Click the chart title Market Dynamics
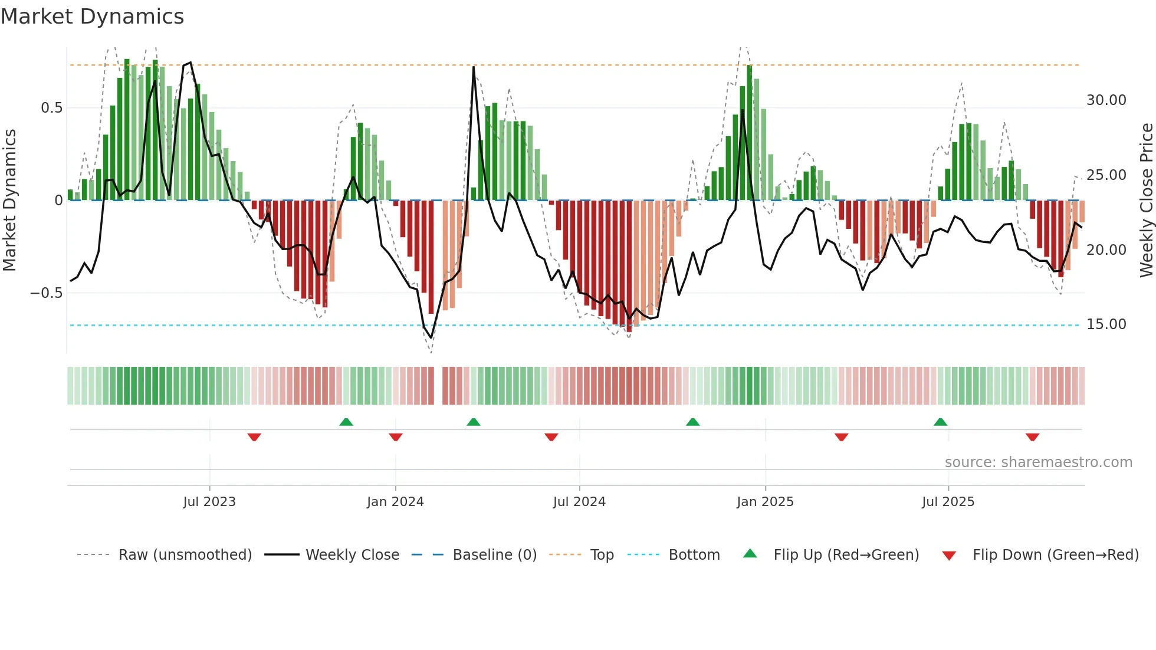coord(92,17)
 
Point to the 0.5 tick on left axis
coord(51,108)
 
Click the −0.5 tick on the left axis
coord(47,293)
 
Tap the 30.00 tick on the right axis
coord(1106,100)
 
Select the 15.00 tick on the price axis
coord(1106,324)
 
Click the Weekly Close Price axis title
coord(1146,200)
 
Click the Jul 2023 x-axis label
coord(209,502)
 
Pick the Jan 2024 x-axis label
coord(395,502)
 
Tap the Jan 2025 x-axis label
coord(764,502)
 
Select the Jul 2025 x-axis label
coord(948,502)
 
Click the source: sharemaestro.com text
coord(1038,462)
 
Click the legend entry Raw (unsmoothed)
coord(185,555)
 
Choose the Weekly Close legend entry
coord(352,555)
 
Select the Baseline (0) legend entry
coord(494,555)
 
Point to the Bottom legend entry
coord(694,555)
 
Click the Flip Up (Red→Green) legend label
coord(846,555)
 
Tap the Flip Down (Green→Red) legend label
coord(1055,555)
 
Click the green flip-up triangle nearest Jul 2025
coord(940,422)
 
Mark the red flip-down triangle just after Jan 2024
coord(396,437)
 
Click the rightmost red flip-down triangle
coord(1032,437)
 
